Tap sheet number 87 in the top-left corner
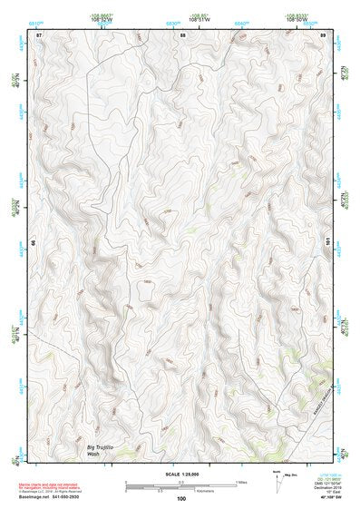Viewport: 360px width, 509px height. (x=39, y=34)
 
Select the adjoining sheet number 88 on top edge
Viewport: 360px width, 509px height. (x=182, y=34)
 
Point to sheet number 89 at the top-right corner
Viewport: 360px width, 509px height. (x=323, y=34)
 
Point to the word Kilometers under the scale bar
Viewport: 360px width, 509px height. (x=181, y=491)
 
